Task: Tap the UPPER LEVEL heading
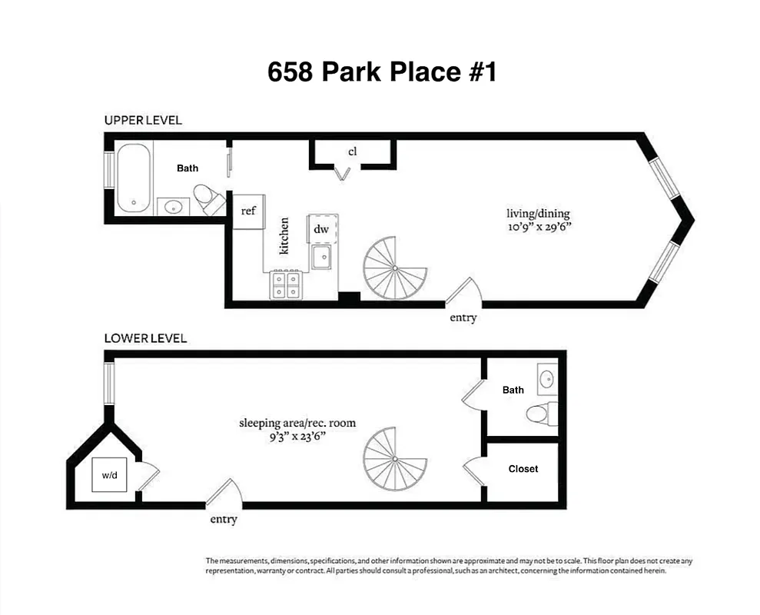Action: click(143, 120)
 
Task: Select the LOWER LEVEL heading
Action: click(145, 338)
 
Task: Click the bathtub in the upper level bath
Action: click(134, 178)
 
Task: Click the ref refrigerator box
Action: click(247, 210)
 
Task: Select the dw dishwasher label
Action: click(321, 228)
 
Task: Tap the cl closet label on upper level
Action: click(352, 151)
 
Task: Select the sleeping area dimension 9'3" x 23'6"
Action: click(297, 437)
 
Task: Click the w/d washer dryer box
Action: click(110, 475)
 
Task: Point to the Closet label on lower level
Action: click(523, 468)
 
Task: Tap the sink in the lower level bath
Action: click(546, 378)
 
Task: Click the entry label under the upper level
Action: click(463, 317)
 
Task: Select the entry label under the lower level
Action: click(224, 520)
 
